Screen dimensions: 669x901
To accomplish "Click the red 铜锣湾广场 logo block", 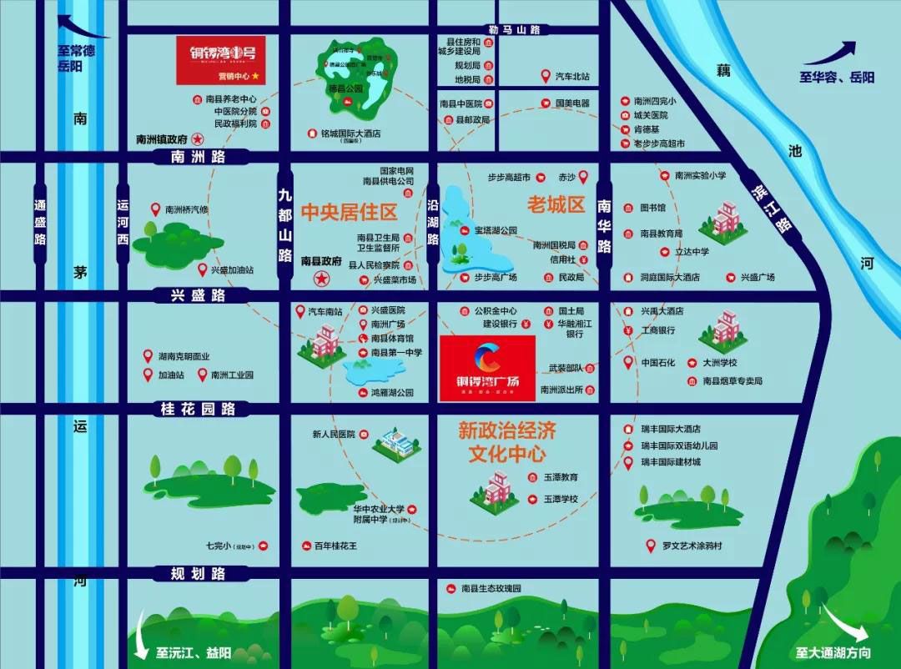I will tap(487, 368).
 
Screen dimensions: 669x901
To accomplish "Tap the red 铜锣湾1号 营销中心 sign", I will tap(220, 60).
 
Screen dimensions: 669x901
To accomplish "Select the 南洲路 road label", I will tap(198, 156).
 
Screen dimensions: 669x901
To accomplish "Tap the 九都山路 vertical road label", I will tap(285, 224).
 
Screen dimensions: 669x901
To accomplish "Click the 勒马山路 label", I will tap(515, 30).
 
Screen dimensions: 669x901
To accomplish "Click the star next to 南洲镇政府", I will tap(199, 139).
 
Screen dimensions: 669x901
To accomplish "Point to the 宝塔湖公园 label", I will tap(496, 229).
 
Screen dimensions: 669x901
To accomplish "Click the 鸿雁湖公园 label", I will tap(392, 392).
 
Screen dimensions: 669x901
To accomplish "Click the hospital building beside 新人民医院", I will tap(396, 443).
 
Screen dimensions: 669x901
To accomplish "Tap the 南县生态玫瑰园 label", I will tap(491, 588).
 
